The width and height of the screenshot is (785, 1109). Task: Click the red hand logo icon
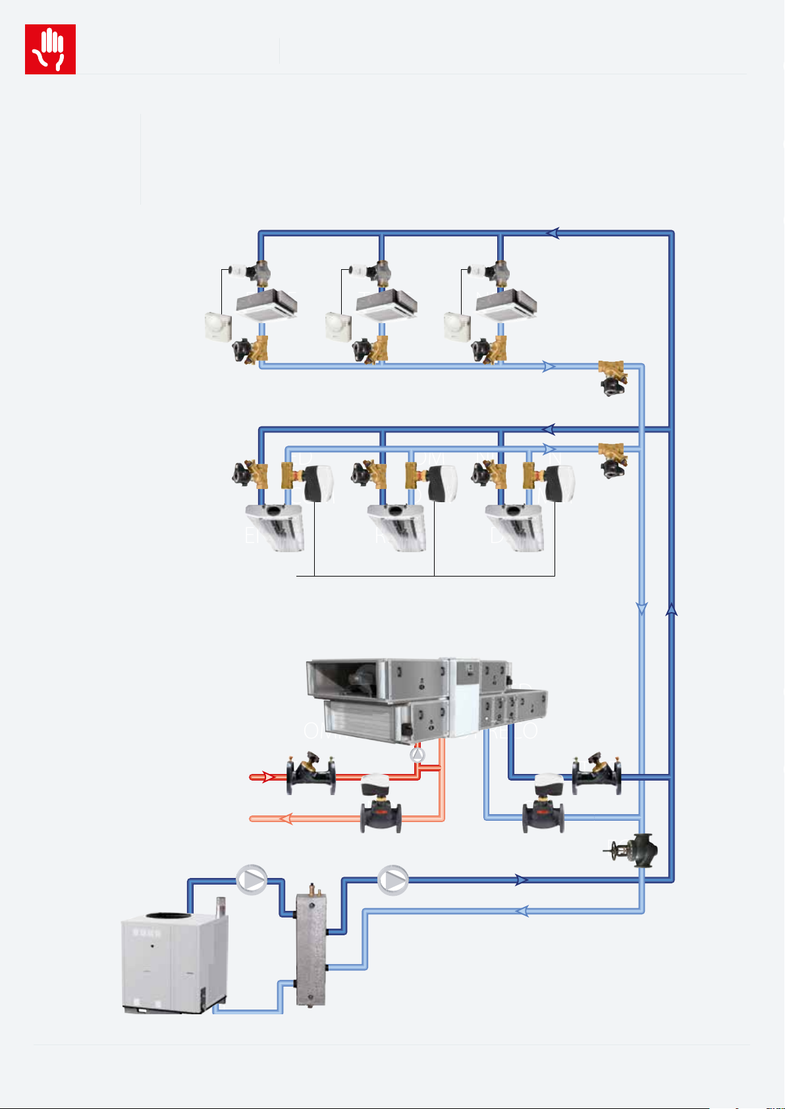click(x=50, y=49)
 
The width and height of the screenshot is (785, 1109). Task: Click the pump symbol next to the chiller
click(x=252, y=879)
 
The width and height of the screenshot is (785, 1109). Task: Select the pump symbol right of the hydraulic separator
click(x=393, y=879)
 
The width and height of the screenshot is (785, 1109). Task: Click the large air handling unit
click(x=427, y=702)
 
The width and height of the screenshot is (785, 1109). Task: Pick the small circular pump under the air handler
click(x=418, y=755)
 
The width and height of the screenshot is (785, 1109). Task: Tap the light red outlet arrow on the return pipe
click(x=286, y=819)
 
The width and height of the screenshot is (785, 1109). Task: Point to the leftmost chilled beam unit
click(x=276, y=526)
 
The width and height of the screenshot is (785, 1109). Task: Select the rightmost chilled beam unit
click(x=516, y=526)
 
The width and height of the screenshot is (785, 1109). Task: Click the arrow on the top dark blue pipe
click(x=553, y=232)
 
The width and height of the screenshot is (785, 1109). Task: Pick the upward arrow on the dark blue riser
click(x=672, y=609)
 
